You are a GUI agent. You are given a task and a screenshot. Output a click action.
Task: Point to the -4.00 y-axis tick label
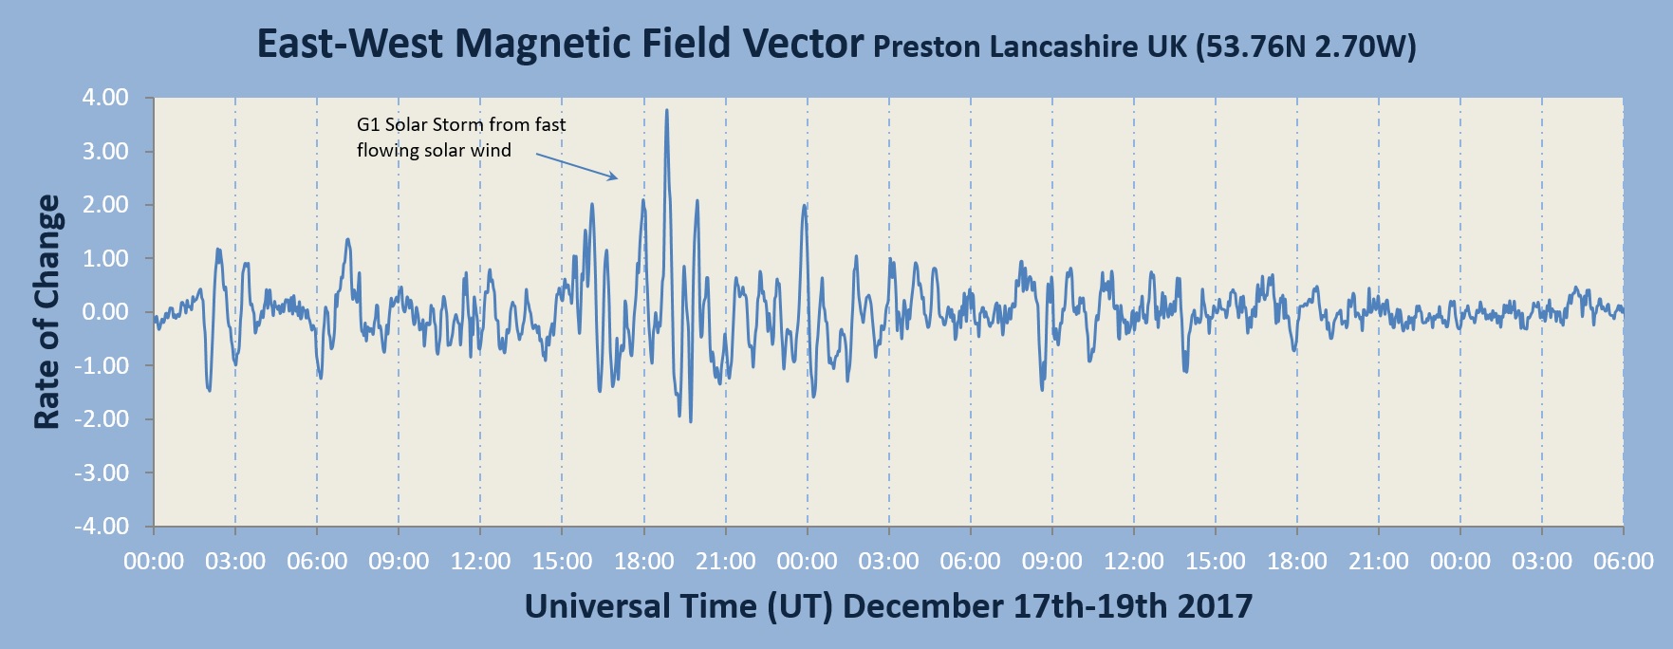[x=102, y=527]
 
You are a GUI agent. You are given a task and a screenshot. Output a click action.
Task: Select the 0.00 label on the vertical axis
[x=105, y=312]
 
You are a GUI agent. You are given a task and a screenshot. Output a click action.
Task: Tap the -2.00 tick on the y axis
[x=102, y=419]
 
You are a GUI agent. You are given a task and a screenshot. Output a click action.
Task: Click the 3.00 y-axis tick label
[x=105, y=152]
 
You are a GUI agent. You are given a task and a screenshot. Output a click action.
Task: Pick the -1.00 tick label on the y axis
[x=102, y=366]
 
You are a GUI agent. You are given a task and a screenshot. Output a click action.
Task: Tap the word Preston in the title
[x=926, y=46]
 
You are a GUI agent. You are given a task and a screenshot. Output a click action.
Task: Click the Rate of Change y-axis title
[x=47, y=312]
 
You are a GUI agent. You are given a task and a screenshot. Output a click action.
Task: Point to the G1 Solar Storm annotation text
[x=461, y=137]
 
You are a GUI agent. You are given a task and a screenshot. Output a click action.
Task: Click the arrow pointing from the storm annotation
[x=577, y=165]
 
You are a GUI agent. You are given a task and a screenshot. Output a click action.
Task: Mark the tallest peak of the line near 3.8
[x=667, y=111]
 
